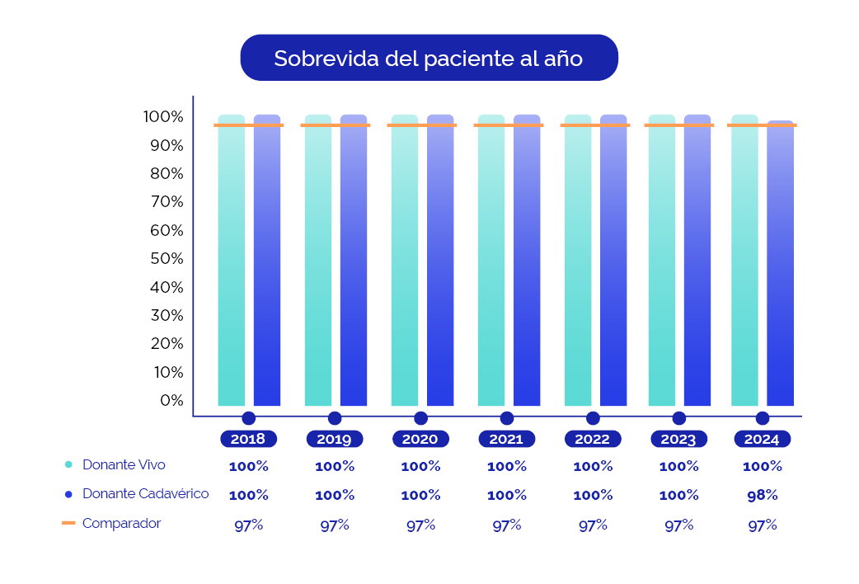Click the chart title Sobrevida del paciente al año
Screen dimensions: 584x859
tap(429, 59)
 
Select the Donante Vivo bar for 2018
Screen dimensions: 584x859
tap(232, 264)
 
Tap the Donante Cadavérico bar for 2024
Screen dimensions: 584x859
tap(780, 264)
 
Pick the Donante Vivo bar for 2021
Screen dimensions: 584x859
tap(491, 264)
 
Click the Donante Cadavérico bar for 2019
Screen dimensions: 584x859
tap(354, 264)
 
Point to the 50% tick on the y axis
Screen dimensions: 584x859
tap(167, 259)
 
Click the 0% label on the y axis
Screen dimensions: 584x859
tap(171, 400)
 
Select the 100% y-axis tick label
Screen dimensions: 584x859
tap(163, 117)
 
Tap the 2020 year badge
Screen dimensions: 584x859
tap(420, 439)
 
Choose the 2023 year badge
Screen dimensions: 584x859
tap(678, 439)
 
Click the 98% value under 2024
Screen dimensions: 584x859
tap(762, 496)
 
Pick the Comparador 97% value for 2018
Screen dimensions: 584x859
tap(248, 525)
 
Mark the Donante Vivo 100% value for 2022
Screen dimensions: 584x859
tap(593, 466)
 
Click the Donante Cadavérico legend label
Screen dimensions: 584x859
tap(145, 494)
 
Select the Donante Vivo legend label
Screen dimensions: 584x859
tap(124, 465)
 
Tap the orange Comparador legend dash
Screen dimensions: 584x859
tap(68, 523)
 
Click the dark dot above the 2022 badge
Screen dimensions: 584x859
tap(593, 418)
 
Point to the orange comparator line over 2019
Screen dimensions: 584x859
tap(336, 125)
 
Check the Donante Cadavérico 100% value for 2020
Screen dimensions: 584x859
tap(420, 496)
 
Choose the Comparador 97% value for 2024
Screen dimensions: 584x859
tap(762, 525)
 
